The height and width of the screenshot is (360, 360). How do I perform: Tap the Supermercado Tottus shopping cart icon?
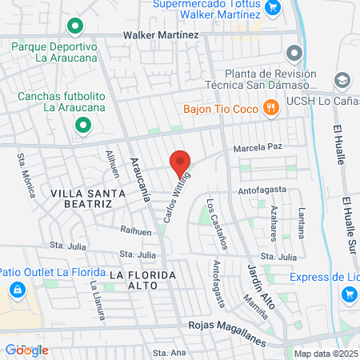pos(272,7)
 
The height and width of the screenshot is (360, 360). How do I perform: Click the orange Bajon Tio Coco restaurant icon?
pos(271,107)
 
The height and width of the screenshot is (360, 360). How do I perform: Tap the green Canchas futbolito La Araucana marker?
pos(82,125)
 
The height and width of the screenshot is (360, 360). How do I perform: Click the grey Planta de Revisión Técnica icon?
pos(294,54)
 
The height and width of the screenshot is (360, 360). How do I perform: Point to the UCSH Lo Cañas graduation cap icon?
pos(342,81)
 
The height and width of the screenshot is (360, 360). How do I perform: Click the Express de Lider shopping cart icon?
pos(349,294)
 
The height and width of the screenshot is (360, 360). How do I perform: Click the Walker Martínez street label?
pos(161,36)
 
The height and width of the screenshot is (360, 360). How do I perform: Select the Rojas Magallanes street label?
pos(227,325)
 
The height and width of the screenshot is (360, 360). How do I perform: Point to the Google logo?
pos(26,350)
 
